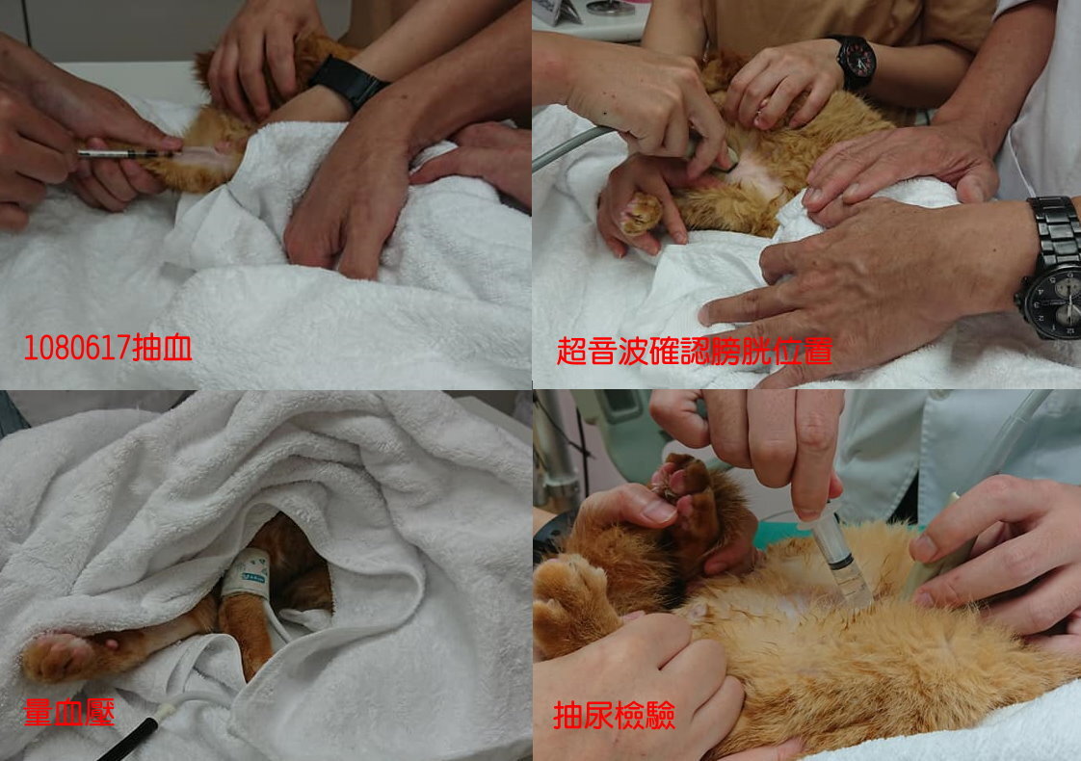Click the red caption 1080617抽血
coord(108,348)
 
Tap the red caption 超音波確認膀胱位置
coord(695,351)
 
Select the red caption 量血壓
coord(68,712)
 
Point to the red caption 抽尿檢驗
coord(614,716)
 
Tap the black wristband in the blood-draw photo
coord(348,82)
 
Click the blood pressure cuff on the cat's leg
coord(247,573)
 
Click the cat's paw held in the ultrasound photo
coord(641,212)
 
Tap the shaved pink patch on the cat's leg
coord(201,156)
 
